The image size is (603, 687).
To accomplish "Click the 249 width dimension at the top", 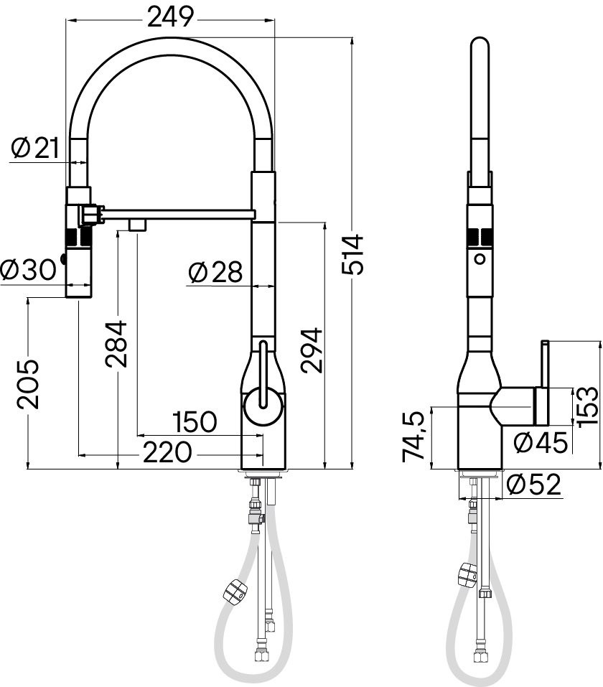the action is click(x=170, y=17).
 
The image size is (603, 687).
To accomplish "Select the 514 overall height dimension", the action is click(x=352, y=255).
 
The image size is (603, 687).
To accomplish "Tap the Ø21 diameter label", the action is click(x=35, y=147).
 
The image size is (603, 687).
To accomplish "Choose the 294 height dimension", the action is click(x=312, y=350).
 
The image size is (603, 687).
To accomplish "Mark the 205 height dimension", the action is click(x=28, y=384).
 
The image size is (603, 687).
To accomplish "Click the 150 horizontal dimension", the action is click(x=195, y=421).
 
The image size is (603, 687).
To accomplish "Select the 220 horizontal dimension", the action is click(x=168, y=452).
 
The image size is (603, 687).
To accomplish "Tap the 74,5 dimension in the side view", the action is click(x=413, y=436).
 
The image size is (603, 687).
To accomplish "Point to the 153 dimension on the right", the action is click(x=587, y=406).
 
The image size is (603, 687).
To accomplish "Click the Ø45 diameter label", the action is click(x=541, y=442).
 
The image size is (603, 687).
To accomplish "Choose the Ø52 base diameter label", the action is click(x=533, y=485).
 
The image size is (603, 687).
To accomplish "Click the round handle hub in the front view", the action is click(x=263, y=406).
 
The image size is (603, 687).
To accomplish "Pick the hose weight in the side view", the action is click(x=467, y=574).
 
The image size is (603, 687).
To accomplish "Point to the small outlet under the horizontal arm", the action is click(x=136, y=224).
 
